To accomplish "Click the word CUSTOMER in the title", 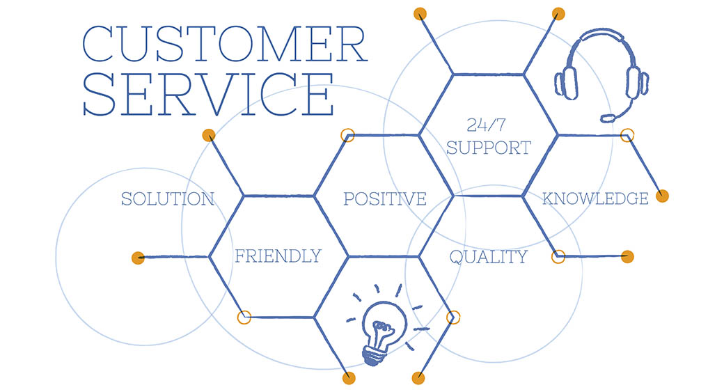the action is click(x=225, y=45).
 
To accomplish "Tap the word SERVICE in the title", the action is click(x=208, y=94).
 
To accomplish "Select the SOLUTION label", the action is click(x=168, y=199).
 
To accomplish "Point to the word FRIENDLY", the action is click(x=278, y=256).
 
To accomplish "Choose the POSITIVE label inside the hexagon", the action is click(x=385, y=199).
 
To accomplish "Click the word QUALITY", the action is click(x=489, y=257).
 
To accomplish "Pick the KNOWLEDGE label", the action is click(x=596, y=198).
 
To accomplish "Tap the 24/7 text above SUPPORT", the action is click(x=486, y=125).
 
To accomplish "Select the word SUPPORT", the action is click(x=489, y=148).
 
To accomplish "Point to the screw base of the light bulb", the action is click(x=373, y=356).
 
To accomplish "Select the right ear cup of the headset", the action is click(x=637, y=83).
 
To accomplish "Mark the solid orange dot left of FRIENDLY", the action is click(x=138, y=258).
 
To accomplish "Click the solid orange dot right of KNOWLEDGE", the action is click(x=663, y=196).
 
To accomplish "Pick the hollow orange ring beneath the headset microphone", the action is click(x=627, y=135).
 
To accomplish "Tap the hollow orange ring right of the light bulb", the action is click(x=453, y=317).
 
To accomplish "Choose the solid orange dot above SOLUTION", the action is click(x=209, y=135).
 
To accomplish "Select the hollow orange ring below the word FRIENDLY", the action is click(x=244, y=317).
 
